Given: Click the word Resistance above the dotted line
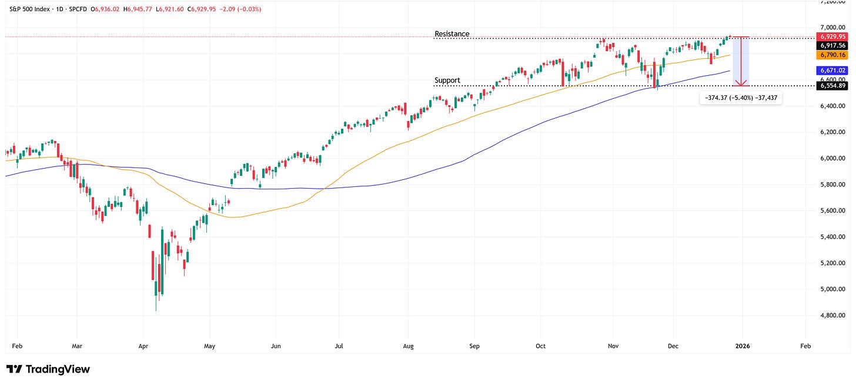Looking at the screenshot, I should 452,34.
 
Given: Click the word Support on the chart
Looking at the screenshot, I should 447,81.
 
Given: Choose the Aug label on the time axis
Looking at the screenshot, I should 409,347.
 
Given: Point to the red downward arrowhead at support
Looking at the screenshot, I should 744,83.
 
